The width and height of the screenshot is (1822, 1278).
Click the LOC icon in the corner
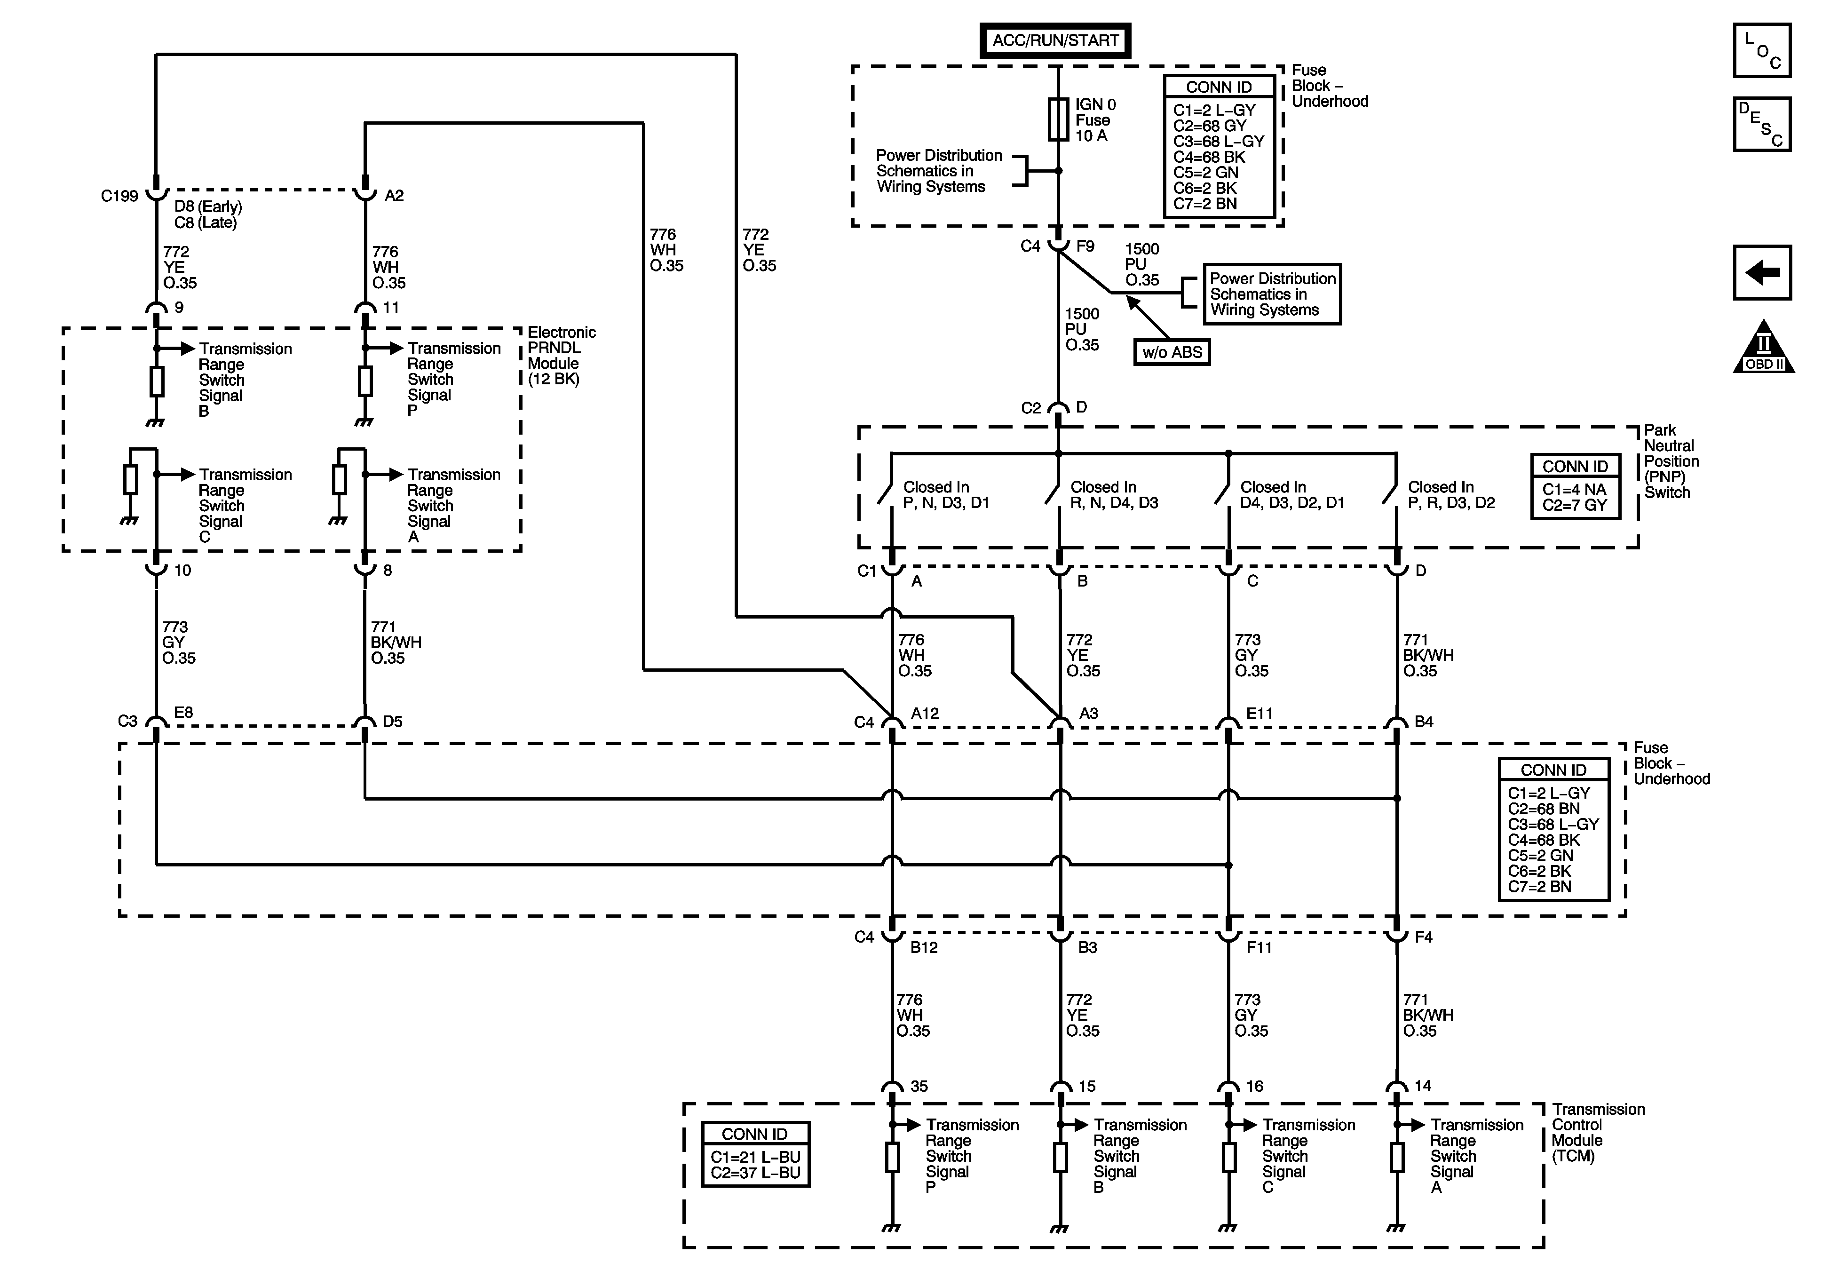tap(1762, 50)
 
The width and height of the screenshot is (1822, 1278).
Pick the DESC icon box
tap(1762, 124)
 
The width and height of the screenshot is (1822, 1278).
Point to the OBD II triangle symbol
tap(1763, 347)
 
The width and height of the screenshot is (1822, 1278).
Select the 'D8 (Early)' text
tap(208, 206)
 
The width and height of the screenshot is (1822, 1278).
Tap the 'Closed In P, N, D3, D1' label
tap(946, 494)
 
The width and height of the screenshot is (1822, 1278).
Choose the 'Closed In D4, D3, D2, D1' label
tap(1292, 494)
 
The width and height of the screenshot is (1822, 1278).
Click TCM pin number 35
tap(919, 1086)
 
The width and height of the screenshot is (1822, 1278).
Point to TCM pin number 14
tap(1423, 1086)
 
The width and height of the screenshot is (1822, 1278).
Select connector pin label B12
tap(924, 947)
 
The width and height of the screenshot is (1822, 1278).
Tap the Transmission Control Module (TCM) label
tap(1598, 1133)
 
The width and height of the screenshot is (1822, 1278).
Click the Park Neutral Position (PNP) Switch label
tap(1671, 461)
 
